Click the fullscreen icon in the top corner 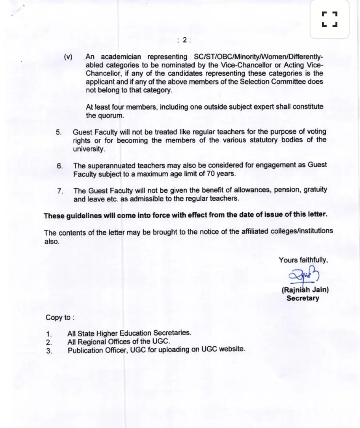(330, 19)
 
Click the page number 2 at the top (184, 40)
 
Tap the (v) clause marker (68, 57)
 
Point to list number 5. (59, 132)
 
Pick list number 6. (59, 166)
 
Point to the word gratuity (314, 190)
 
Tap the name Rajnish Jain (305, 290)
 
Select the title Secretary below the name (303, 298)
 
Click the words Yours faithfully (303, 260)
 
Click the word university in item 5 (88, 148)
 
